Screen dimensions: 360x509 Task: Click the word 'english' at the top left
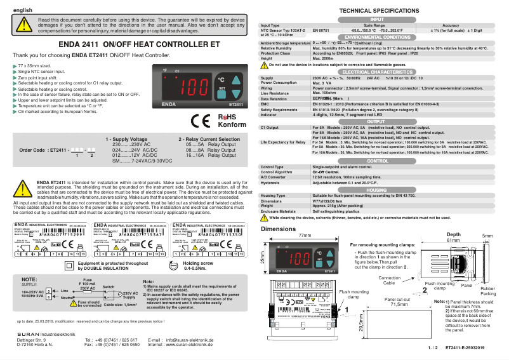click(23, 10)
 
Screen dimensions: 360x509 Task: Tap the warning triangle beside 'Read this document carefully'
click(23, 24)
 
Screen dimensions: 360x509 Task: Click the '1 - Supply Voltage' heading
click(126, 139)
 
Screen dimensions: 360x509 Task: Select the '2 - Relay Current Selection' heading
click(209, 139)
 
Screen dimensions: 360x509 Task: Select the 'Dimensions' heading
click(278, 229)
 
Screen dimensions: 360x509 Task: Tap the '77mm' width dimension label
click(304, 236)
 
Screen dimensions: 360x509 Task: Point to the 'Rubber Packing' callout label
click(487, 291)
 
